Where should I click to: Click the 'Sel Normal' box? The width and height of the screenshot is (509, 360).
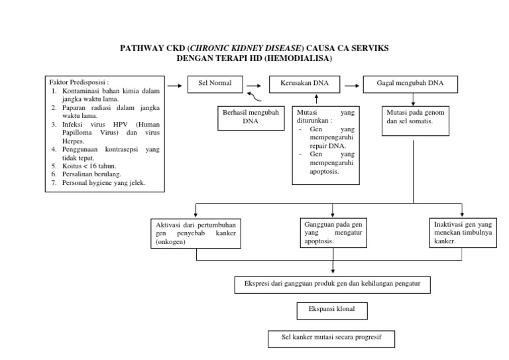(215, 85)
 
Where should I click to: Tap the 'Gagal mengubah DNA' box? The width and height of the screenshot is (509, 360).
(414, 85)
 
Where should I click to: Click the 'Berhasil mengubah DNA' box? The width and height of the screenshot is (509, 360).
(250, 117)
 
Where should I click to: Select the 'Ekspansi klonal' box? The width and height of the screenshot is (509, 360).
(331, 310)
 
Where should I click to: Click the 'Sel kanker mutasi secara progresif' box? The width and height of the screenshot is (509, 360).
(332, 339)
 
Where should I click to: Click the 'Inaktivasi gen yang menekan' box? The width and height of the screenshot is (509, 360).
(459, 233)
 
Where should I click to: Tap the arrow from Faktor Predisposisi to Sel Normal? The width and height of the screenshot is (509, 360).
(175, 85)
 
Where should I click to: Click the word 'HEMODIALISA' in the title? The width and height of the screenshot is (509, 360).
(299, 58)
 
